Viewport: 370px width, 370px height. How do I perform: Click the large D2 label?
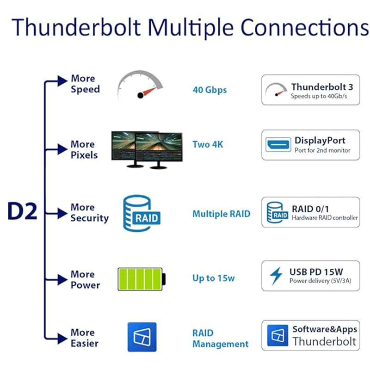pos(22,211)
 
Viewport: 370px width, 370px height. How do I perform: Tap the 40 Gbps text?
pos(210,90)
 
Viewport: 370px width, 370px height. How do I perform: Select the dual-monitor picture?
pos(147,149)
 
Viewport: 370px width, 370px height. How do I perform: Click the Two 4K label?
pos(208,145)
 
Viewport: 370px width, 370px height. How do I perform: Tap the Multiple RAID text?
pos(221,214)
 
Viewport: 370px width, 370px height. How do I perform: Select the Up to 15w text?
pos(214,278)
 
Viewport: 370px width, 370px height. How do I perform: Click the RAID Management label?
pos(220,339)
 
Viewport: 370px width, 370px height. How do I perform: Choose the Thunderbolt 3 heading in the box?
pos(322,87)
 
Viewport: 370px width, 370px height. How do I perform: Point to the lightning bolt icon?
pos(276,276)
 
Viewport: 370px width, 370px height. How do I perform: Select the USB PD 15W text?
pos(316,271)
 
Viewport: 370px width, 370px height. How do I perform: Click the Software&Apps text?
pos(325,329)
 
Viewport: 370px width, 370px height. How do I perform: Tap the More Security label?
pos(89,213)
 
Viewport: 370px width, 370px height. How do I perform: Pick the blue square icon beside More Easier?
pos(142,337)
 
